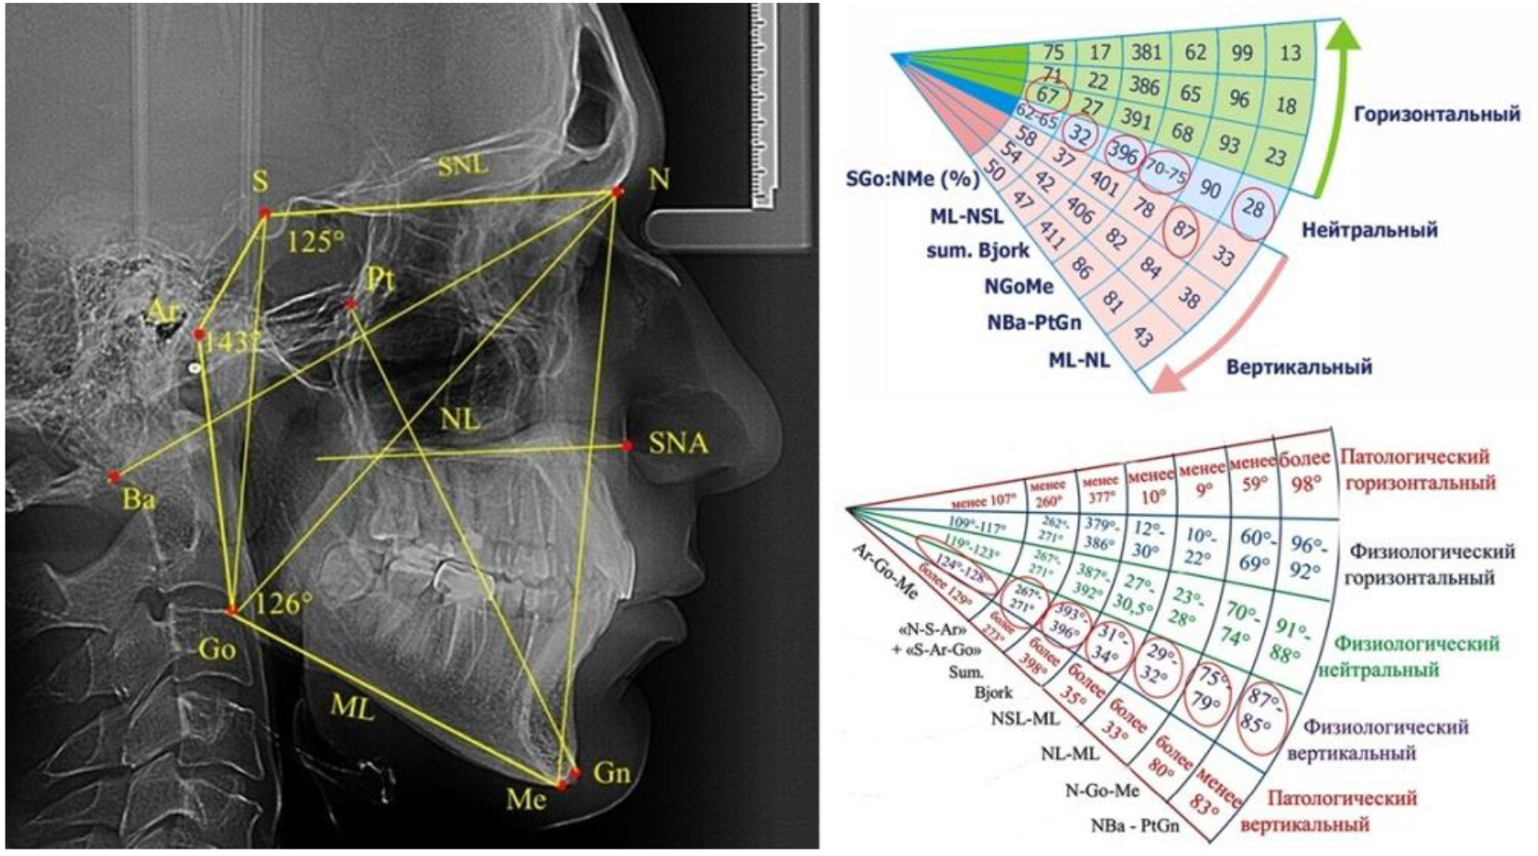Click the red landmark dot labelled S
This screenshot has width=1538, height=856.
click(265, 214)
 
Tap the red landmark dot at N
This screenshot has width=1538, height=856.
click(617, 192)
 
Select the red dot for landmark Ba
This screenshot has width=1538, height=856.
click(115, 477)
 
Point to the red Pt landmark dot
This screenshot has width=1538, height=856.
click(351, 303)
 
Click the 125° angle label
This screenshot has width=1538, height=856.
click(315, 242)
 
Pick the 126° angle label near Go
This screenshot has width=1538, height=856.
click(283, 605)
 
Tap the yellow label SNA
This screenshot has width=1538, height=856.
click(678, 444)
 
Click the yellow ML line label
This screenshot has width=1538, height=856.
click(352, 708)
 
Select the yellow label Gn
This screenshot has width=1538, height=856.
click(611, 772)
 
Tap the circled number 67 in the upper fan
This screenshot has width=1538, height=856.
click(1047, 95)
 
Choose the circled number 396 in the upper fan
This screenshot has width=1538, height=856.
click(1123, 153)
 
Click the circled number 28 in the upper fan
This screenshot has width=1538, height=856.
click(1253, 208)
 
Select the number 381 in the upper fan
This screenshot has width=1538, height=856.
click(1146, 53)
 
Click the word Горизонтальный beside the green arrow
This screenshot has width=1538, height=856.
click(1436, 114)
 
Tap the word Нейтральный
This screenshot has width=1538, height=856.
click(1369, 229)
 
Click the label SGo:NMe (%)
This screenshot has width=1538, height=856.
click(912, 178)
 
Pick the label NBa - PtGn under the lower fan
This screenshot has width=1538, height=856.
click(1134, 825)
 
